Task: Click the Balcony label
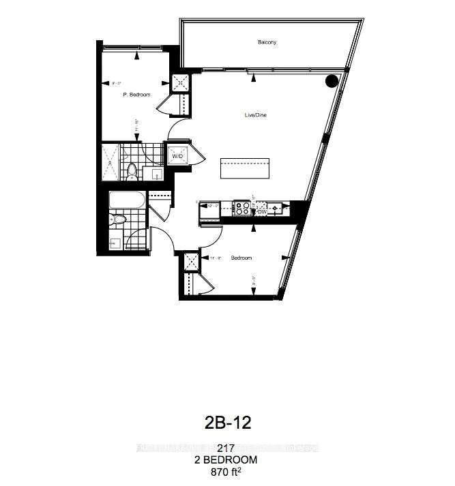pos(267,42)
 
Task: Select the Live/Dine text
pos(256,115)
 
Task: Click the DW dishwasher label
pos(261,212)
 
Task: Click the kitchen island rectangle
pos(244,168)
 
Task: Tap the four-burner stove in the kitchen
pos(242,207)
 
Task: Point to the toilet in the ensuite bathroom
pos(132,172)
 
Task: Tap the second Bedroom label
pos(241,258)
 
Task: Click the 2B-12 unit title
pos(228,423)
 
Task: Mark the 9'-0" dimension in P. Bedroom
pos(116,84)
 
